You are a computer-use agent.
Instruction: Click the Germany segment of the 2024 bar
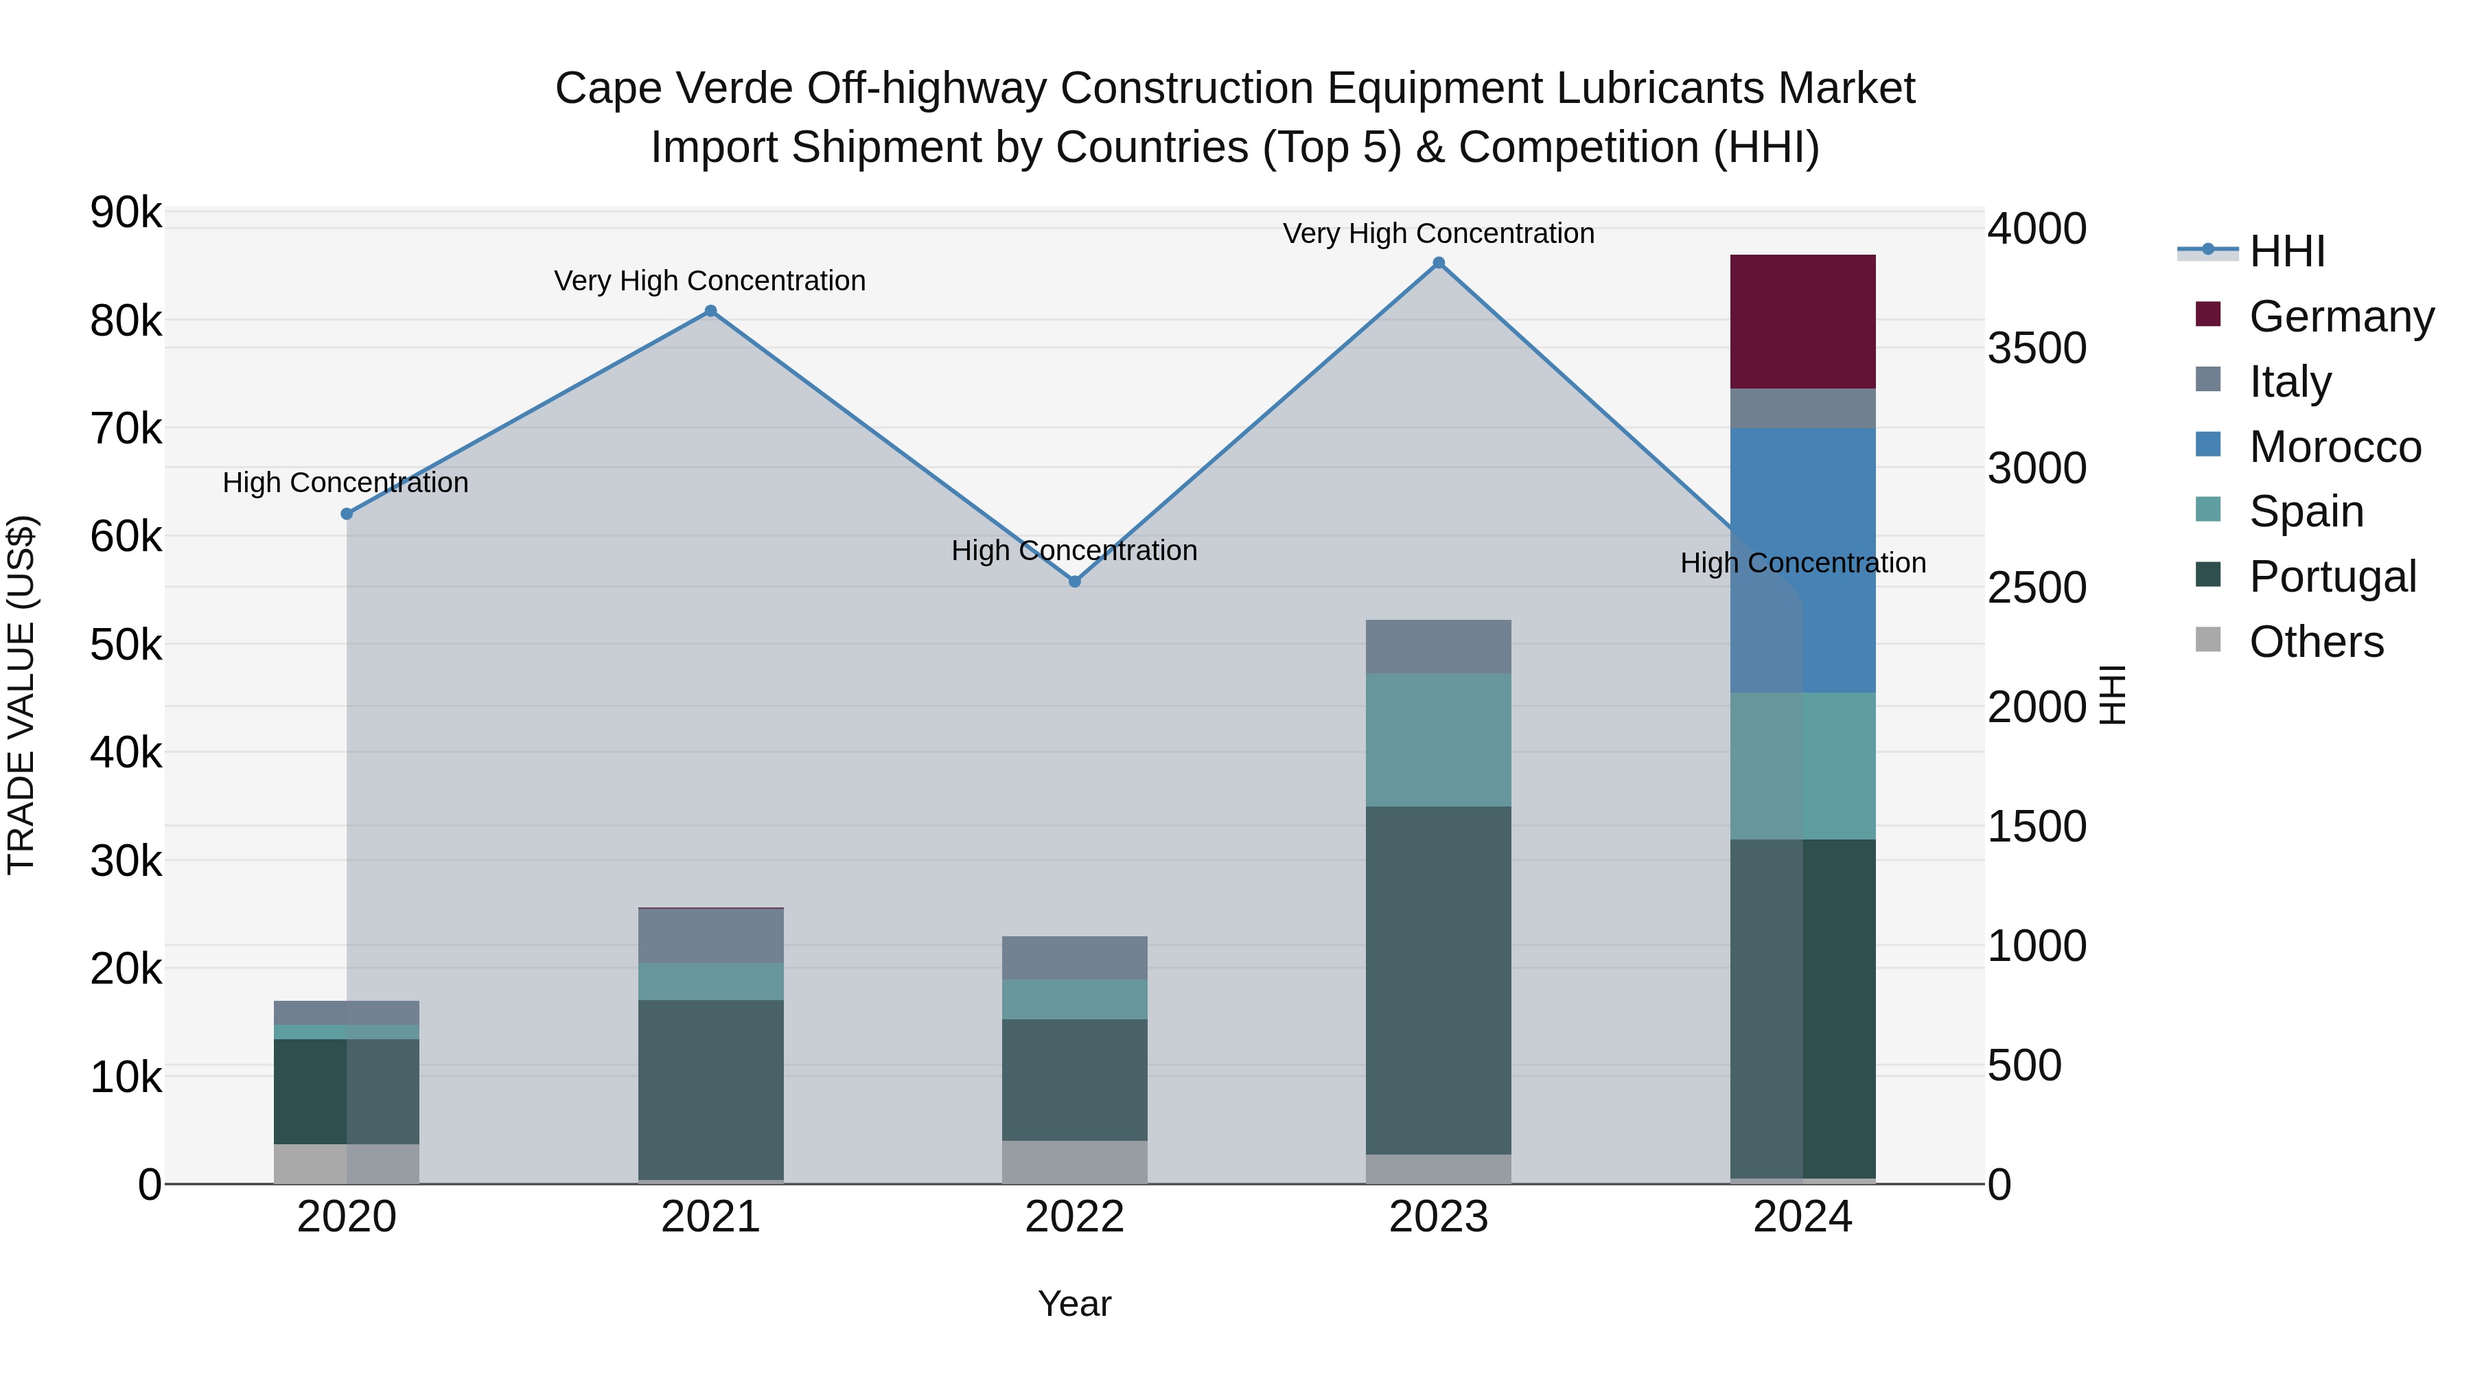coord(1802,321)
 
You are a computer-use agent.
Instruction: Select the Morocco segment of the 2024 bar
coord(1802,560)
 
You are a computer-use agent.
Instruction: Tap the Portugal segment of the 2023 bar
coord(1438,980)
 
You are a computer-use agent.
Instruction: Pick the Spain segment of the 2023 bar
coord(1438,739)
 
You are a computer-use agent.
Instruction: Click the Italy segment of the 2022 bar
coord(1074,958)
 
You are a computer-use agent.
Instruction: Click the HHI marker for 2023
coord(1438,263)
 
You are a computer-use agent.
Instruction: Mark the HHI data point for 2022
coord(1074,581)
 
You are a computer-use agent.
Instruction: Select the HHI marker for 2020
coord(347,514)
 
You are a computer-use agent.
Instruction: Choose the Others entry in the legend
coord(2316,642)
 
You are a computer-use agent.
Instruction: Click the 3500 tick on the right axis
coord(2036,348)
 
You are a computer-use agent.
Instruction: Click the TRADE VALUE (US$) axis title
coord(22,695)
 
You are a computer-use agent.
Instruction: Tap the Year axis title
coord(1074,1304)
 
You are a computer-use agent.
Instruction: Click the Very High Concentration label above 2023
coord(1438,233)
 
